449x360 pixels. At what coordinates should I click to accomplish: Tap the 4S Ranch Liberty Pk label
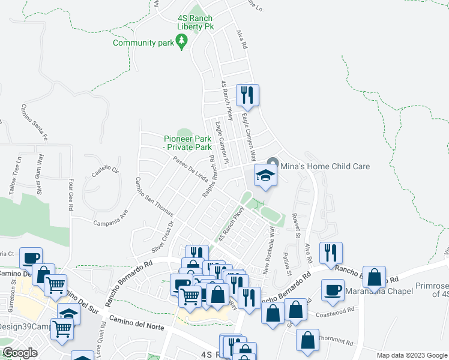pyautogui.click(x=195, y=22)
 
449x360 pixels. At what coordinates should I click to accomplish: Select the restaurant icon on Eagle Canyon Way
pyautogui.click(x=247, y=95)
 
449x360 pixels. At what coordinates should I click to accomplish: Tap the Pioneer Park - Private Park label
pyautogui.click(x=188, y=143)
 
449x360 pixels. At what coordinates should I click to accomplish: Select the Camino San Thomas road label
pyautogui.click(x=154, y=197)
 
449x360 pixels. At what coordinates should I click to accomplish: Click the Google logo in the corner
pyautogui.click(x=19, y=353)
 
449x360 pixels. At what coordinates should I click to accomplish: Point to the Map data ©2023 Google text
pyautogui.click(x=412, y=355)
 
